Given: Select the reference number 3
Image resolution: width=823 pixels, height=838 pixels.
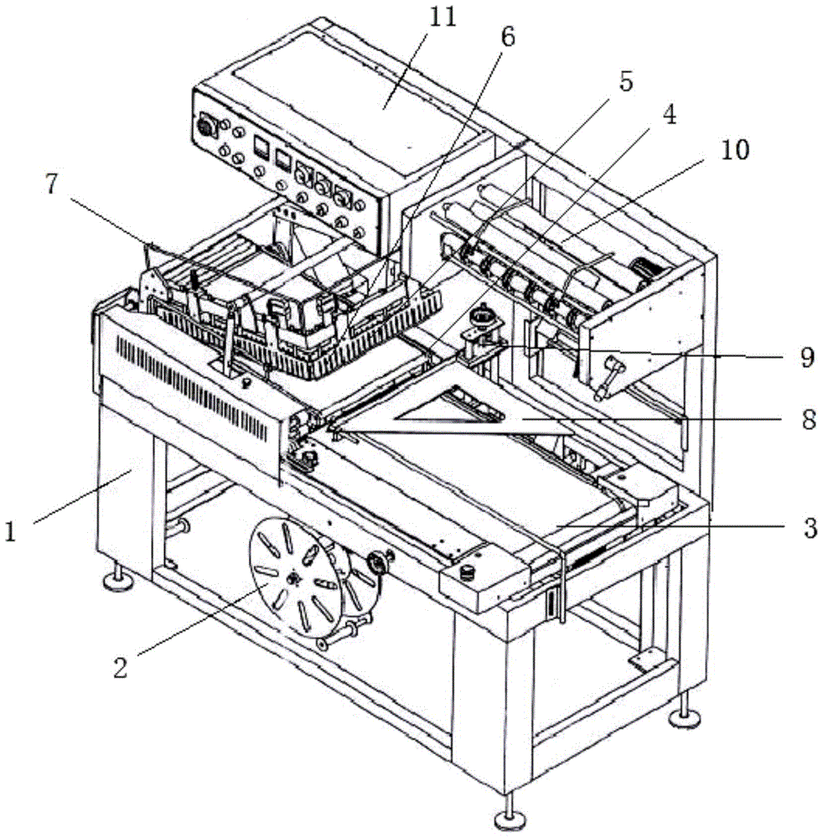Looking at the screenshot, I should [x=807, y=527].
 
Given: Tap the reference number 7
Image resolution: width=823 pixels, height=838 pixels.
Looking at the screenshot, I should [x=54, y=185].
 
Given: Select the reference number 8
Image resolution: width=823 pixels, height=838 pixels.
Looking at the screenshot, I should [x=807, y=419].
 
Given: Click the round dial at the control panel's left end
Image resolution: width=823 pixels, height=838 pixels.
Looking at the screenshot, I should [x=204, y=128].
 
